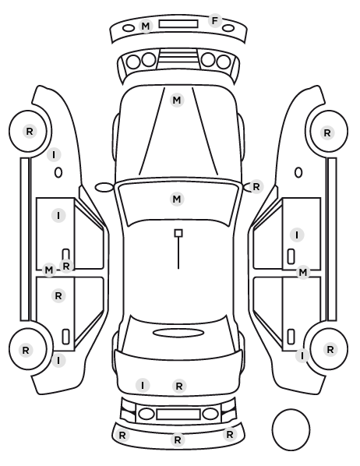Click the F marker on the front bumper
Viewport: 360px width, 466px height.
pyautogui.click(x=215, y=21)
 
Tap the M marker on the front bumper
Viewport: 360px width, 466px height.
pyautogui.click(x=146, y=26)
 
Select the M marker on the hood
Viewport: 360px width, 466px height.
pyautogui.click(x=177, y=101)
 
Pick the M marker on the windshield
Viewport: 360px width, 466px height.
pyautogui.click(x=177, y=199)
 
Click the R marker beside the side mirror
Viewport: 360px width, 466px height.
pyautogui.click(x=256, y=187)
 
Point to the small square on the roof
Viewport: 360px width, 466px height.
pyautogui.click(x=178, y=233)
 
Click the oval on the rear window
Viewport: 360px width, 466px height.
pyautogui.click(x=178, y=333)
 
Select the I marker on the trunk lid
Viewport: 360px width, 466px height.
pyautogui.click(x=143, y=386)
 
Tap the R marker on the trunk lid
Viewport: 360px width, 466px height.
pyautogui.click(x=179, y=386)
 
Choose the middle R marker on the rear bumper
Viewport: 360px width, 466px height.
pyautogui.click(x=178, y=440)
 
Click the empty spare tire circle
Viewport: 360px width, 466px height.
pyautogui.click(x=291, y=430)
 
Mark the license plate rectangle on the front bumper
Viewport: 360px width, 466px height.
pyautogui.click(x=178, y=24)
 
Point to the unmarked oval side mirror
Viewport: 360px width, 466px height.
pyautogui.click(x=104, y=187)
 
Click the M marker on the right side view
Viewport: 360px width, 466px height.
pyautogui.click(x=303, y=272)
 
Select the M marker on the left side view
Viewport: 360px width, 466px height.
pyautogui.click(x=48, y=270)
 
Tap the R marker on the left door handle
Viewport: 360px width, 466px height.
pyautogui.click(x=66, y=266)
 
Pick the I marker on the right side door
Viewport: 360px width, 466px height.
pyautogui.click(x=297, y=235)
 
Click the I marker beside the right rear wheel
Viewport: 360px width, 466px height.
pyautogui.click(x=302, y=355)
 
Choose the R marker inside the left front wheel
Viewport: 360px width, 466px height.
pyautogui.click(x=30, y=131)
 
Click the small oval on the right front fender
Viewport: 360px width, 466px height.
pyautogui.click(x=298, y=173)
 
